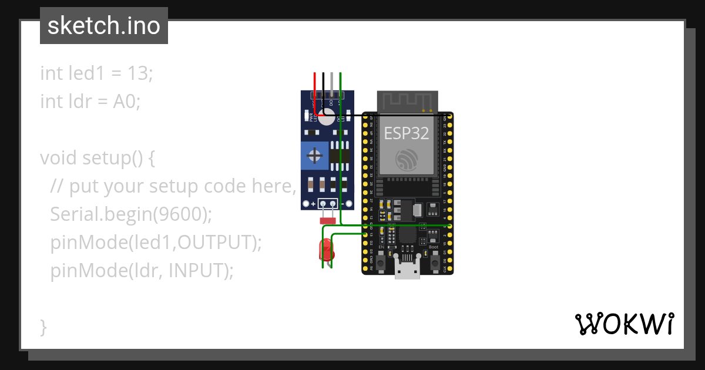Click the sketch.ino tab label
(104, 26)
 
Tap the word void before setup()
(59, 158)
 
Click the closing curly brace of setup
(43, 327)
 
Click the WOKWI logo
(624, 324)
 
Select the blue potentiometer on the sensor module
(315, 156)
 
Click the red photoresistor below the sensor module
(327, 221)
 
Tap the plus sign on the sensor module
(313, 204)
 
